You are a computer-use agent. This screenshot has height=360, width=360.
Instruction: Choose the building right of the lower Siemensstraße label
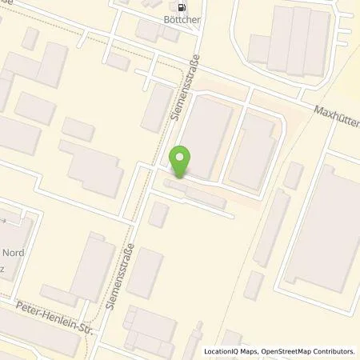coord(146,273)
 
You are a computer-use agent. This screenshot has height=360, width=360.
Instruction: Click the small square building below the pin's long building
coord(159,214)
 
